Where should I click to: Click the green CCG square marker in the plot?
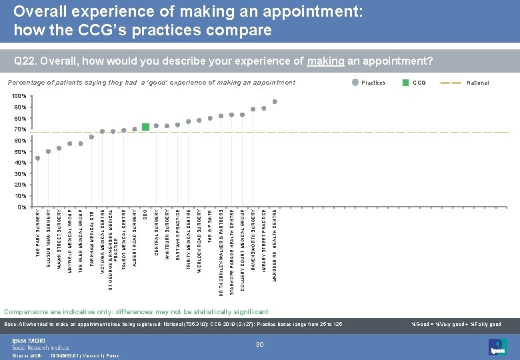click(145, 127)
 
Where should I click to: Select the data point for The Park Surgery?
click(37, 158)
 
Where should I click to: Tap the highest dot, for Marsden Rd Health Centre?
click(275, 102)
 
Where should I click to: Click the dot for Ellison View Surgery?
click(48, 151)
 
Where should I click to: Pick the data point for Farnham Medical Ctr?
click(91, 137)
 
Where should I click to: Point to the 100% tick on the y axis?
click(19, 97)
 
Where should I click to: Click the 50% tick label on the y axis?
click(21, 152)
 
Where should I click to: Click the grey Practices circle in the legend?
click(354, 83)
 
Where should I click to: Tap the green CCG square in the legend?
click(405, 83)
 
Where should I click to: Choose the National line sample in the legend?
click(455, 83)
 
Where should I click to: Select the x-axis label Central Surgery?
click(156, 233)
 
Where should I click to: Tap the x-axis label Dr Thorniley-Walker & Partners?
click(221, 253)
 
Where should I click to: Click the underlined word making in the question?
click(325, 62)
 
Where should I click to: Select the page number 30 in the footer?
click(261, 343)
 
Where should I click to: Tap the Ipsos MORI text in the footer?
click(27, 339)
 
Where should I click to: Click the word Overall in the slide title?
click(41, 11)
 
